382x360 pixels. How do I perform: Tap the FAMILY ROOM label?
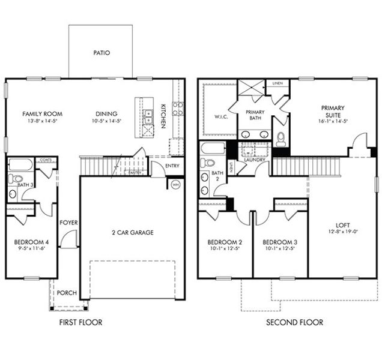[x=42, y=113]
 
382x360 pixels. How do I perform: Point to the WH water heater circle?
[x=176, y=185]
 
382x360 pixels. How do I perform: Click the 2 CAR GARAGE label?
[x=132, y=232]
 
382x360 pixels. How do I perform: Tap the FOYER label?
[x=68, y=223]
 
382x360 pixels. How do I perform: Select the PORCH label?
[x=67, y=293]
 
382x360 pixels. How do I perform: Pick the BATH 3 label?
[x=25, y=185]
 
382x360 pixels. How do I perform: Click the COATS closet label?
[x=46, y=160]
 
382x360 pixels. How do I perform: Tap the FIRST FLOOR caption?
[x=80, y=323]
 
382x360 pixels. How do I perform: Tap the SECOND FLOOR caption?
[x=295, y=323]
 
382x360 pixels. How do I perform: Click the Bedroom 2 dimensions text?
[x=225, y=249]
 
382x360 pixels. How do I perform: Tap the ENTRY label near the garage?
[x=172, y=166]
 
